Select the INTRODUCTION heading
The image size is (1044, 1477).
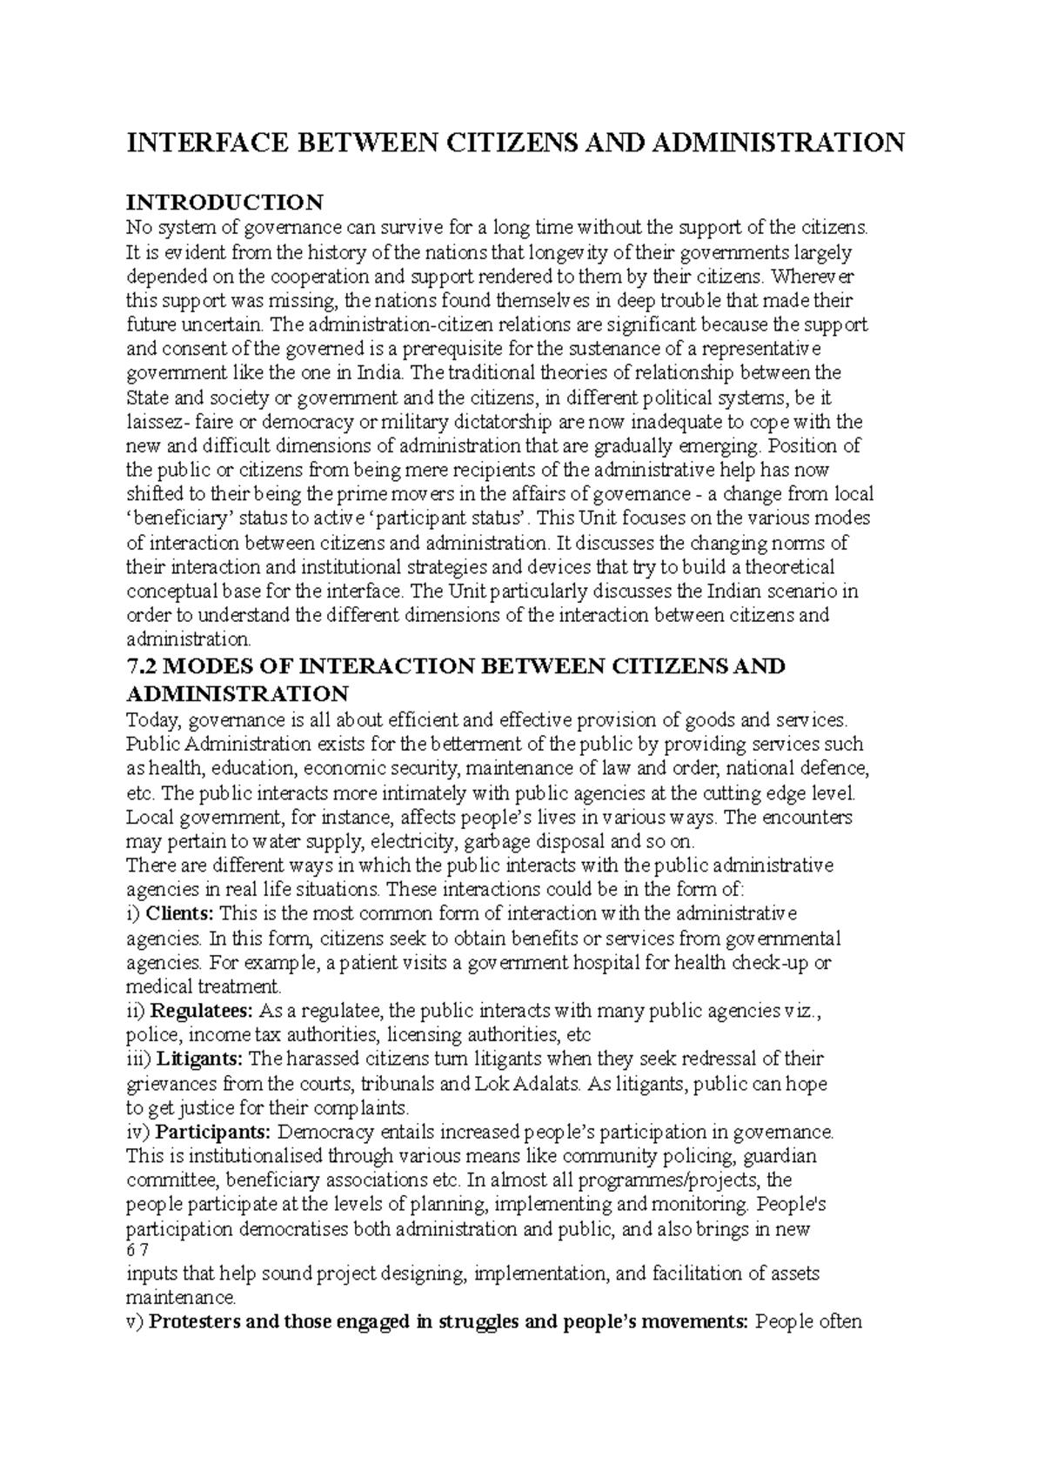point(224,203)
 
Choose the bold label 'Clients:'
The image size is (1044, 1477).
point(180,914)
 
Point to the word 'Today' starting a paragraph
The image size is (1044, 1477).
point(152,720)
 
